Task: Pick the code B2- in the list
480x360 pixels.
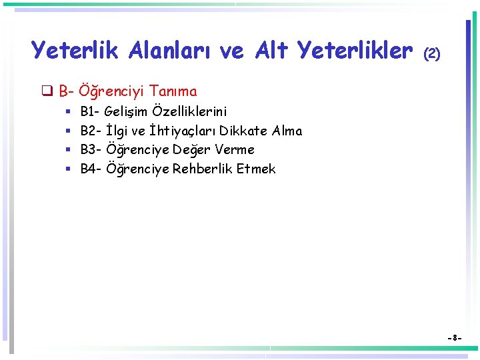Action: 91,131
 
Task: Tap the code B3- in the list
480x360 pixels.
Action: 91,149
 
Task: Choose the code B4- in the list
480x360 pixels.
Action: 91,169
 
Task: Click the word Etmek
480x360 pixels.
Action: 256,169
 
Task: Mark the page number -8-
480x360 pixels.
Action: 454,338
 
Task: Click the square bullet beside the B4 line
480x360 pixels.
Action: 68,169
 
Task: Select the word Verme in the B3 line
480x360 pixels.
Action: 235,149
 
